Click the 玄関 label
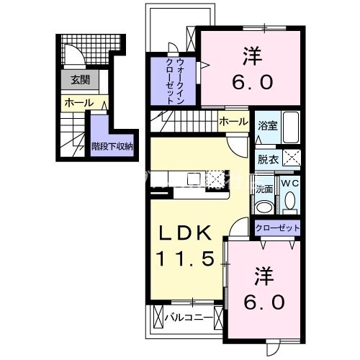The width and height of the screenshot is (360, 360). coord(75,80)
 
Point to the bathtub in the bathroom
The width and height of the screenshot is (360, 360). coord(290,130)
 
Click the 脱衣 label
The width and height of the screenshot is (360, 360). coord(266,159)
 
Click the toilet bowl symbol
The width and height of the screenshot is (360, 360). coord(290,202)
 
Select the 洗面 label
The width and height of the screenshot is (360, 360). coord(264,189)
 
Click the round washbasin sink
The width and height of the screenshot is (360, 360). coord(264,207)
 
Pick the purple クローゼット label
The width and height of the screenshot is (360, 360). coord(277,228)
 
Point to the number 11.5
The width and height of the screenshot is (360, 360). coord(184,258)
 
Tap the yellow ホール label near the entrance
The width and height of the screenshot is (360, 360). coord(78,103)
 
